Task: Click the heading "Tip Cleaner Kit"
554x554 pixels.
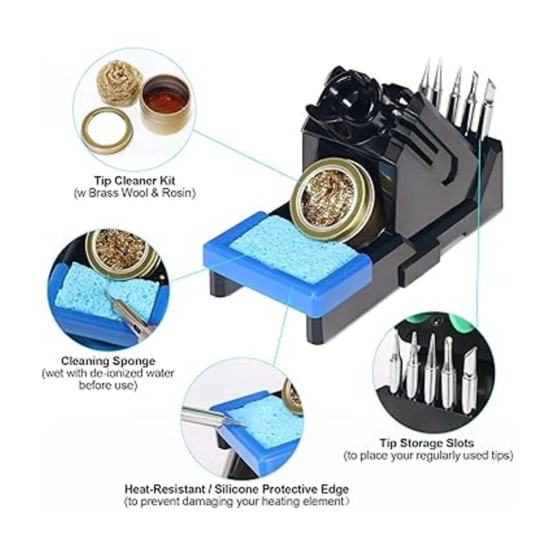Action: [x=135, y=181]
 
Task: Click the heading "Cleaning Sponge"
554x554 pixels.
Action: [x=108, y=361]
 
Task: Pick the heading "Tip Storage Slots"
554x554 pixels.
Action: [x=427, y=443]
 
